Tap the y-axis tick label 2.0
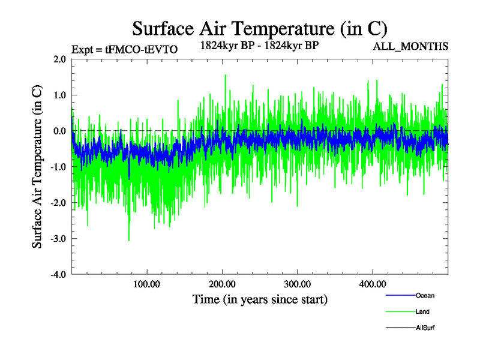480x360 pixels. tap(59, 59)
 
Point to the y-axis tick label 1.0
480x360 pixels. tap(59, 95)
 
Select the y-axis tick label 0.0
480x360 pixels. tap(59, 131)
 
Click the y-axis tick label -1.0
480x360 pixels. tap(57, 167)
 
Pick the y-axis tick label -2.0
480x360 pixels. tap(57, 203)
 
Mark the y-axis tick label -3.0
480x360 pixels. tap(57, 239)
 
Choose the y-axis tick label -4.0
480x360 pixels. tap(57, 275)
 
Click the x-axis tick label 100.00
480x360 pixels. tap(146, 284)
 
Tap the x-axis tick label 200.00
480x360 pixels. tap(222, 284)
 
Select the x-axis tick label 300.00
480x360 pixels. tap(297, 284)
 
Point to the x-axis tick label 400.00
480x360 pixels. tap(372, 284)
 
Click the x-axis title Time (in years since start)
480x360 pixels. tap(260, 298)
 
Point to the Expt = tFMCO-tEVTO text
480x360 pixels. tap(124, 50)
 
